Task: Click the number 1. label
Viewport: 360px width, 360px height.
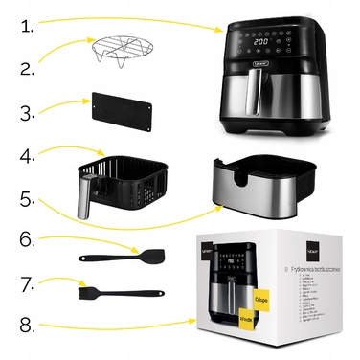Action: click(28, 26)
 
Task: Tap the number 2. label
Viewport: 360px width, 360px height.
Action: click(29, 68)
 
